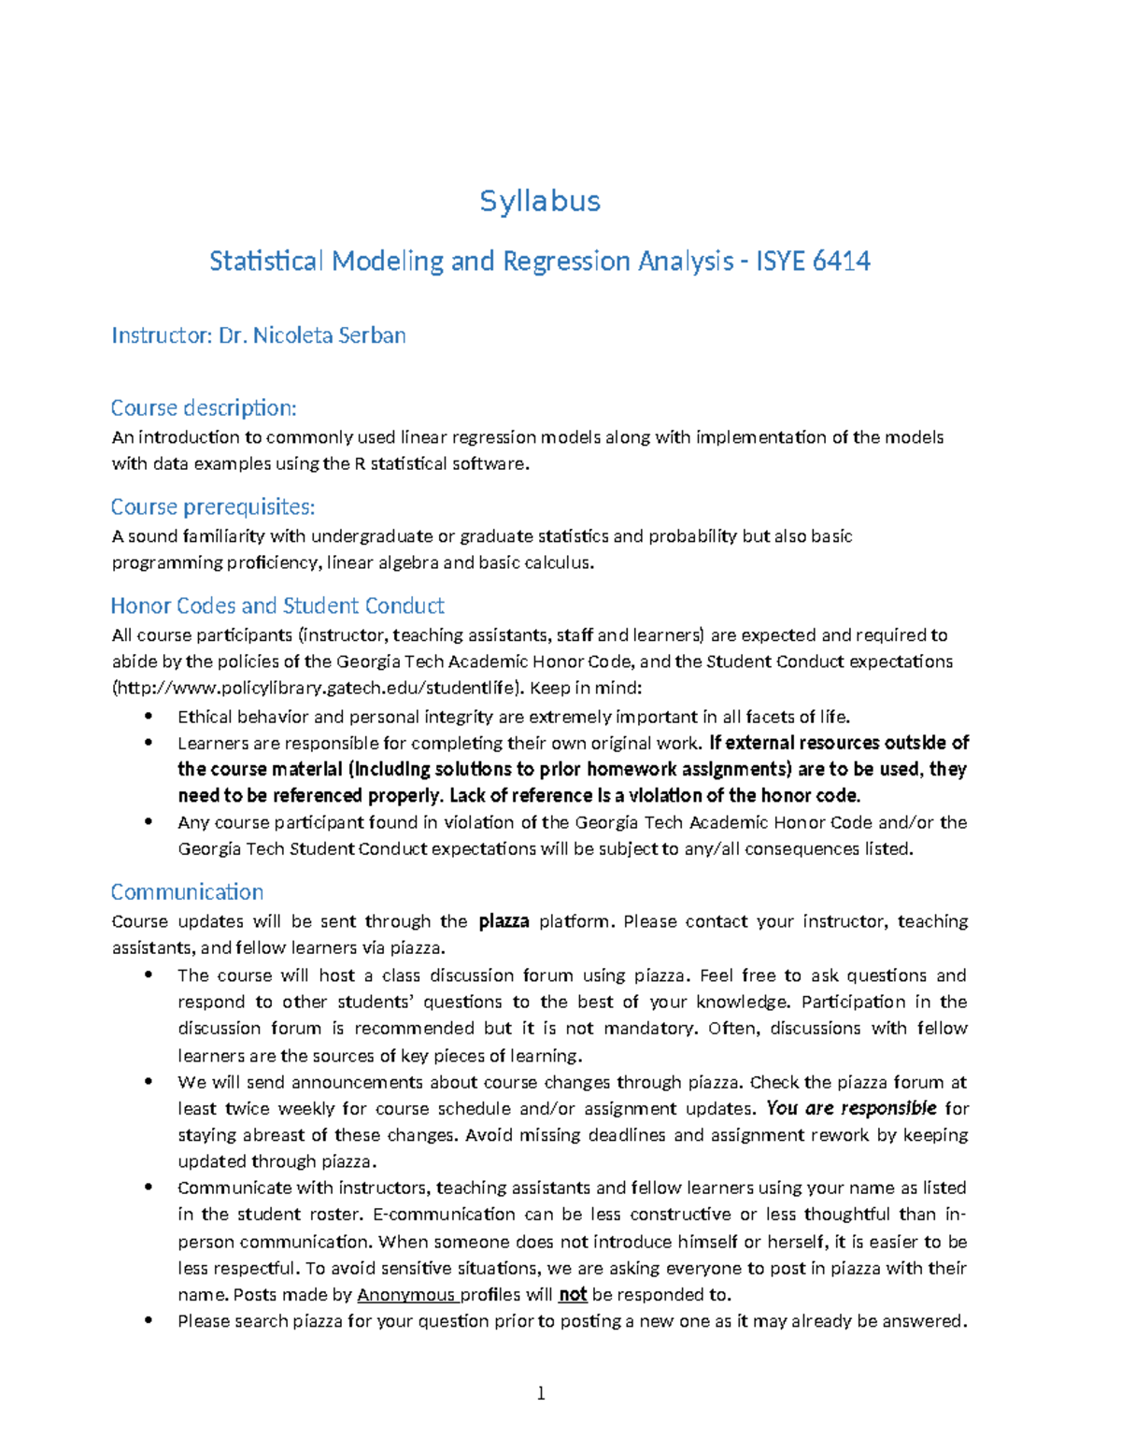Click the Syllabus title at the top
click(540, 201)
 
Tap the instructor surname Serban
click(371, 335)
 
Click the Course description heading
click(204, 408)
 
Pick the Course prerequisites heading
click(213, 506)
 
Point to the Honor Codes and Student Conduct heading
click(277, 605)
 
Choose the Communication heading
click(187, 891)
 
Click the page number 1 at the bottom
click(541, 1394)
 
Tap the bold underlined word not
click(572, 1295)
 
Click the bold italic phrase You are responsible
click(851, 1109)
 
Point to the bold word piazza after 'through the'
click(504, 921)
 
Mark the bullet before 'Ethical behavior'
click(148, 717)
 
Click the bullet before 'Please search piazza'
click(148, 1321)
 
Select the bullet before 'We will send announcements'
click(148, 1082)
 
